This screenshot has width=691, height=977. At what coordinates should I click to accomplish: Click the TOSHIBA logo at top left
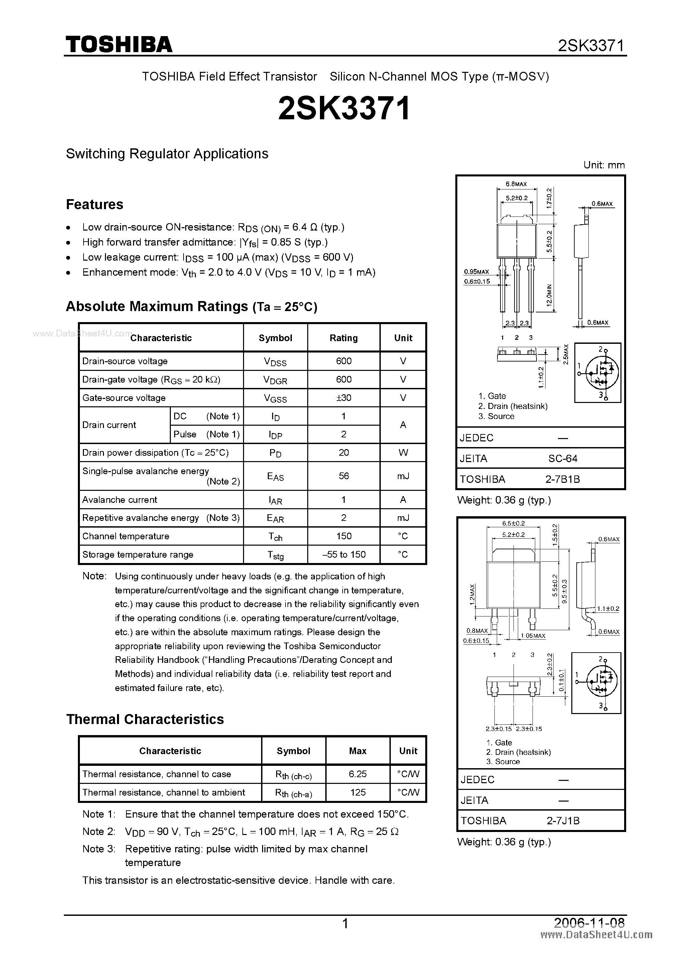(x=119, y=44)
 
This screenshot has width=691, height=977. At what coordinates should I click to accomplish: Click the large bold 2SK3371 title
(x=344, y=108)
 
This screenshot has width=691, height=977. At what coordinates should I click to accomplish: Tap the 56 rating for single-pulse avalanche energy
(x=344, y=476)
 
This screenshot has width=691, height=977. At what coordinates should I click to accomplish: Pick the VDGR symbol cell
(x=275, y=380)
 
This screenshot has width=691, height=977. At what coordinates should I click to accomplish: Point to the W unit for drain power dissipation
(x=403, y=452)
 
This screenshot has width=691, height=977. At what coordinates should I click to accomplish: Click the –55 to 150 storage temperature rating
(x=344, y=554)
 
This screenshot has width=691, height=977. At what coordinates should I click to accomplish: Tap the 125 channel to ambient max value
(x=357, y=792)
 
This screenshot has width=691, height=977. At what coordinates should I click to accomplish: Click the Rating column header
(x=344, y=338)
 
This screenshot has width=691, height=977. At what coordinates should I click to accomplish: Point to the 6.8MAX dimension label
(x=516, y=184)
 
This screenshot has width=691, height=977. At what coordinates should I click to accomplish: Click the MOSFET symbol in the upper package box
(x=597, y=372)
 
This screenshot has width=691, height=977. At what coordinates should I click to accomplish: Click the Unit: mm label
(x=604, y=165)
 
